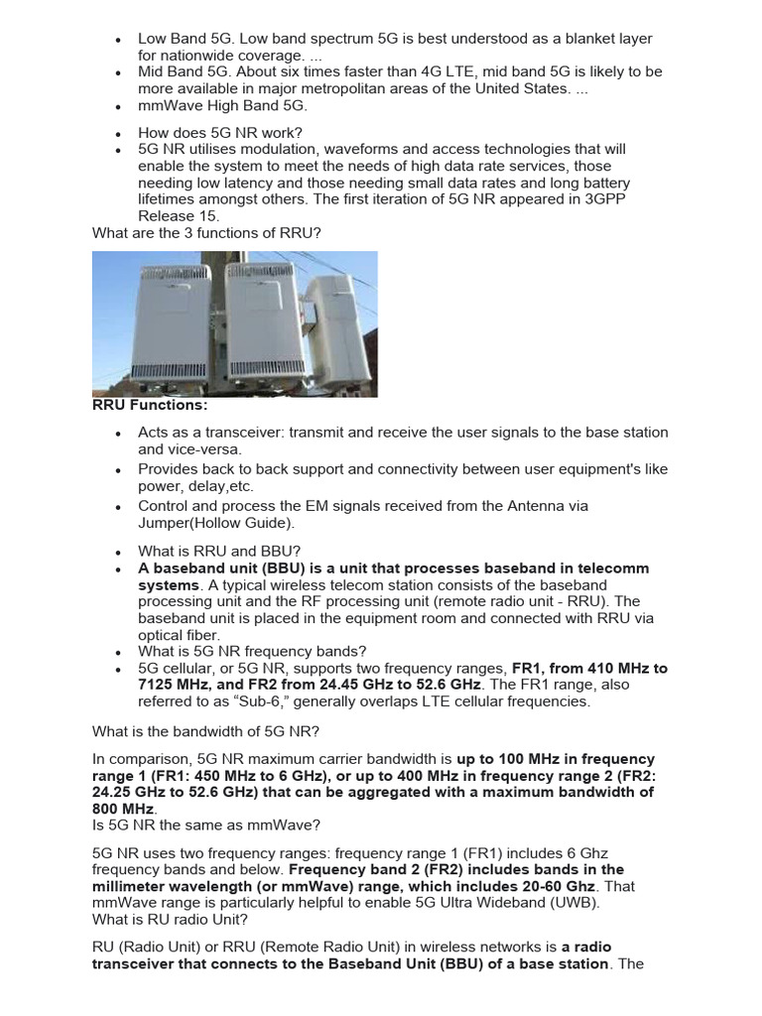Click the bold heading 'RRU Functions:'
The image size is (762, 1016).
149,405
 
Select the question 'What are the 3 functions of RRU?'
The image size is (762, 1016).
206,234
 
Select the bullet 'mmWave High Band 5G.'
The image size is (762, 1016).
222,106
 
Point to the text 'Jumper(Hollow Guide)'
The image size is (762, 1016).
215,523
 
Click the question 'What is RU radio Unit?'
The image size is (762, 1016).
170,920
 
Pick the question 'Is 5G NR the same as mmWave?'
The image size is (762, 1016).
206,826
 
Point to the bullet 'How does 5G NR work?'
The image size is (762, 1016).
220,133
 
